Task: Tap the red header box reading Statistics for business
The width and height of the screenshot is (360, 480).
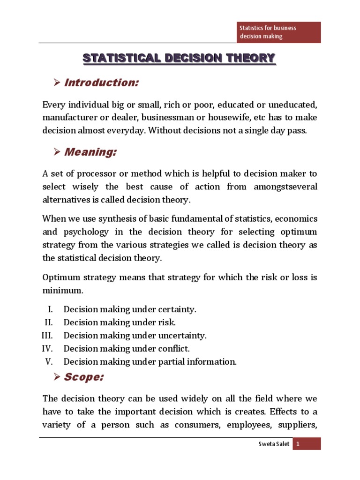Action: [x=277, y=32]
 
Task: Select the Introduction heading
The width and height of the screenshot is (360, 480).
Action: [x=101, y=83]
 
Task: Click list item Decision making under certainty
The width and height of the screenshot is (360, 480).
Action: [x=130, y=309]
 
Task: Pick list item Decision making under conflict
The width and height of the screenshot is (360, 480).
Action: [x=127, y=349]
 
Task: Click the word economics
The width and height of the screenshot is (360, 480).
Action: [x=294, y=219]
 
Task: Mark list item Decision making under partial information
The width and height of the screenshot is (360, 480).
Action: [x=150, y=362]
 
